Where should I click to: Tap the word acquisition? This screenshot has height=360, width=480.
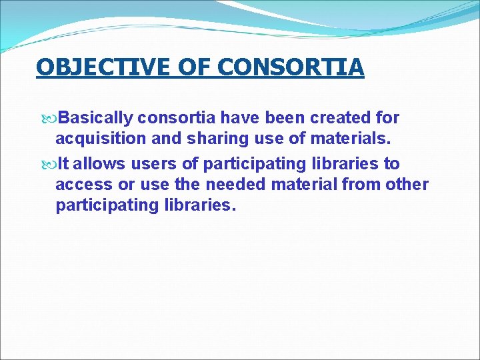click(x=97, y=139)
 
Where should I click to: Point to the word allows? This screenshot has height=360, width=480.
click(x=97, y=163)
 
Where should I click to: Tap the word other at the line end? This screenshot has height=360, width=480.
click(x=407, y=184)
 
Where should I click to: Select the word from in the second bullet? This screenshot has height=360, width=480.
click(x=361, y=184)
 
